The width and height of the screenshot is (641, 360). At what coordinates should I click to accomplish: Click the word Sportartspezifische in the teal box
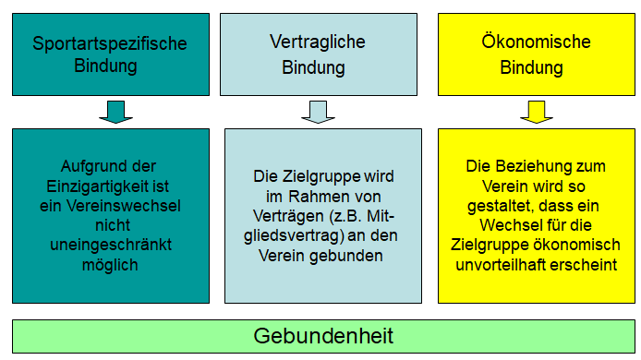click(110, 43)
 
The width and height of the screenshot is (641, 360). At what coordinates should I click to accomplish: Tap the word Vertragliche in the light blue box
click(317, 42)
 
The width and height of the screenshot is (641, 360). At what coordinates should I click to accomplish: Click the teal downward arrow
click(115, 111)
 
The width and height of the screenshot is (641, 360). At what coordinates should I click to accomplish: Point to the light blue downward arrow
click(318, 111)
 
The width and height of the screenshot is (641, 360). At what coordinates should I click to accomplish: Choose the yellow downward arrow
click(536, 111)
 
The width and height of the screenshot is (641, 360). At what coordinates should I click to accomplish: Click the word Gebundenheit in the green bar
click(323, 336)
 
